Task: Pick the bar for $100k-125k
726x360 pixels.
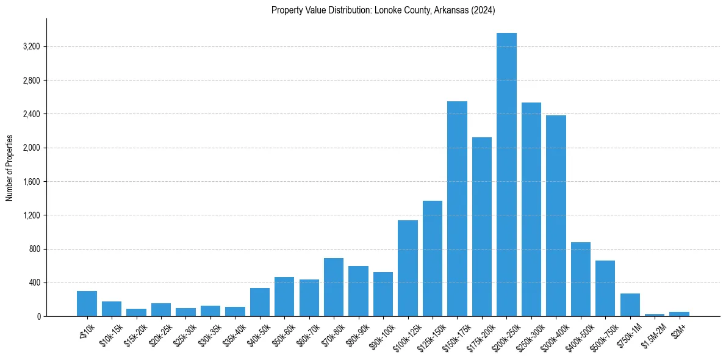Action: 408,268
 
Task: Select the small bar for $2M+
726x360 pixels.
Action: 679,314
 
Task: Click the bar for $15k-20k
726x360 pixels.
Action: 136,312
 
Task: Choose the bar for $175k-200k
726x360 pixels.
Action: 481,227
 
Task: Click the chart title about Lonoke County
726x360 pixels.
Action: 383,10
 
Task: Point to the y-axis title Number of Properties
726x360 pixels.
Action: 10,168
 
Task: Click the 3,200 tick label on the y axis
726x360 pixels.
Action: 31,47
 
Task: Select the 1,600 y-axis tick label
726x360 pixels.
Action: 31,182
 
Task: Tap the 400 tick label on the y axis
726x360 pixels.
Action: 34,283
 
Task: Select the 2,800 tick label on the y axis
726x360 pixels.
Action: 31,81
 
